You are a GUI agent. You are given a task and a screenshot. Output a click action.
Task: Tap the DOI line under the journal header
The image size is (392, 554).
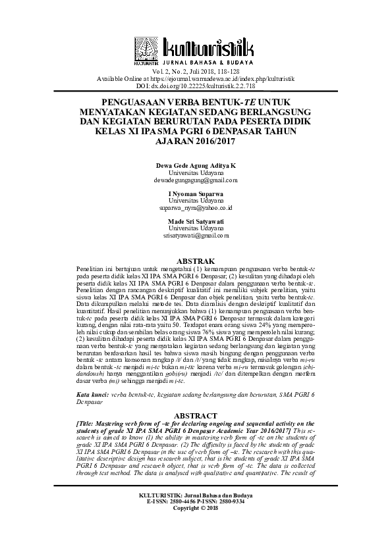tap(196, 86)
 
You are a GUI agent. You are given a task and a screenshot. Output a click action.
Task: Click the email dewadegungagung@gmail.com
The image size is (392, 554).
tap(196, 180)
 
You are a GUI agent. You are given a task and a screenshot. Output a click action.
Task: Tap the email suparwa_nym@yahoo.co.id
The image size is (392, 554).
tap(196, 207)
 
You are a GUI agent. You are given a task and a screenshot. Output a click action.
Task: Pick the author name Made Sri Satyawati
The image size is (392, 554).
tap(196, 220)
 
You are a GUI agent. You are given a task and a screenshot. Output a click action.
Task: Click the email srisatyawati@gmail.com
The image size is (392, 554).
tap(196, 235)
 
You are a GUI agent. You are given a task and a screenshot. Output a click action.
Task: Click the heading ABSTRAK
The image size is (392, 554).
tap(196, 261)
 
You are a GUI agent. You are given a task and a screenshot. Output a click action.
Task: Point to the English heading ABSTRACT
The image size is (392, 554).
tap(196, 415)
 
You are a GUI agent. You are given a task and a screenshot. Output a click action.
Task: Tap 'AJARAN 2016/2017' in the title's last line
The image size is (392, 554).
tap(196, 140)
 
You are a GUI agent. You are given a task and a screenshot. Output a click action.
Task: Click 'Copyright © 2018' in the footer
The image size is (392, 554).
tap(196, 508)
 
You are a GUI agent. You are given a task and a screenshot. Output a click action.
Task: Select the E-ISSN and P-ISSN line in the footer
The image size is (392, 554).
tap(196, 501)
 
